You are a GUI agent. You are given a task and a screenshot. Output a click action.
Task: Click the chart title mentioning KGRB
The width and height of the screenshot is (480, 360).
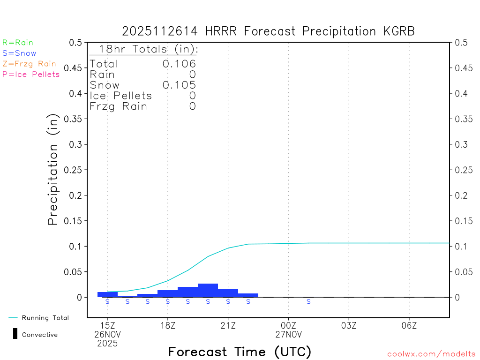pyautogui.click(x=268, y=31)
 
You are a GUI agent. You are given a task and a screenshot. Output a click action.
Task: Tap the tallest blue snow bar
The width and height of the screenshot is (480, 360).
pyautogui.click(x=208, y=290)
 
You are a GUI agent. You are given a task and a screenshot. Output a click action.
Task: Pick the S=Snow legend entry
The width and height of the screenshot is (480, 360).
pyautogui.click(x=19, y=53)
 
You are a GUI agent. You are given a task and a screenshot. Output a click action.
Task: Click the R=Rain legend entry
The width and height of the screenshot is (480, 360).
pyautogui.click(x=18, y=43)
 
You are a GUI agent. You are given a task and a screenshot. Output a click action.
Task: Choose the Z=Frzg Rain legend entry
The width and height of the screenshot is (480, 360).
pyautogui.click(x=29, y=64)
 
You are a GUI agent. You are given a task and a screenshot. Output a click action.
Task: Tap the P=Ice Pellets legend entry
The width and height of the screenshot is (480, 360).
pyautogui.click(x=31, y=74)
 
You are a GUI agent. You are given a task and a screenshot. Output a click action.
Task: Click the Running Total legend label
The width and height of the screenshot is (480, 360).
pyautogui.click(x=45, y=318)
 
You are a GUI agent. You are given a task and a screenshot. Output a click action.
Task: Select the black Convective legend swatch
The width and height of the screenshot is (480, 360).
pyautogui.click(x=15, y=334)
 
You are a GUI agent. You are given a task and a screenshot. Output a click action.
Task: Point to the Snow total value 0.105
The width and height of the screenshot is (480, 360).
pyautogui.click(x=179, y=85)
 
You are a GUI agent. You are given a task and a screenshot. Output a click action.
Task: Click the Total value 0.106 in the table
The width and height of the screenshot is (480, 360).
pyautogui.click(x=179, y=64)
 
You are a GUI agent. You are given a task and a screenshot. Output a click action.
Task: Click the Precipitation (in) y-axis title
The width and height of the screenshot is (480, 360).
pyautogui.click(x=53, y=170)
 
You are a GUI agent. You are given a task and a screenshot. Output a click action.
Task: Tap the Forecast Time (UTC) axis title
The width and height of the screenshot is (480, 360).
pyautogui.click(x=240, y=352)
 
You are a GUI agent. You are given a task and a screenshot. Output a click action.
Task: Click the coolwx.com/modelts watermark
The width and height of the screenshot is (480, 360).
pyautogui.click(x=431, y=354)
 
